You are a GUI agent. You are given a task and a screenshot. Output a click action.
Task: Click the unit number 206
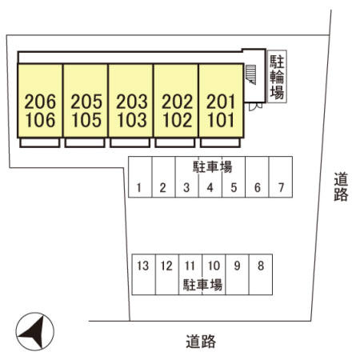pos(40,102)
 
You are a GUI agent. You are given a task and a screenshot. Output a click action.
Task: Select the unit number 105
pos(86,120)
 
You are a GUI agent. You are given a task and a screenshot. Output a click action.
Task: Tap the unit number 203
pos(132,102)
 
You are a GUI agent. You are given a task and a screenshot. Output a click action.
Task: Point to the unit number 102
pos(178,120)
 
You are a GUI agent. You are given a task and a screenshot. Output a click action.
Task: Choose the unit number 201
pos(221,102)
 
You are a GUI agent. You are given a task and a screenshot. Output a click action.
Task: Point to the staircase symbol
pos(250,74)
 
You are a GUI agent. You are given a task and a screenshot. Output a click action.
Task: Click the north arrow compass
pos(35,332)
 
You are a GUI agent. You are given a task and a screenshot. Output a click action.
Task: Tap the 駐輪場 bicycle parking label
pos(277,77)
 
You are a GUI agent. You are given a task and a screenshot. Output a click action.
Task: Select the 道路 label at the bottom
pos(201,342)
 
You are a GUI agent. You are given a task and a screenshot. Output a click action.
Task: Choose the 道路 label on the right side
pos(341,186)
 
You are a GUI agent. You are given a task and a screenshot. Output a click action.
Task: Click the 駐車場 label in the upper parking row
pos(213,167)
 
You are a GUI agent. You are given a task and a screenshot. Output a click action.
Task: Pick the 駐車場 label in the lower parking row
pos(202,285)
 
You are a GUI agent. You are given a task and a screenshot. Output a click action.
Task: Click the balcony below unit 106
pos(40,142)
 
